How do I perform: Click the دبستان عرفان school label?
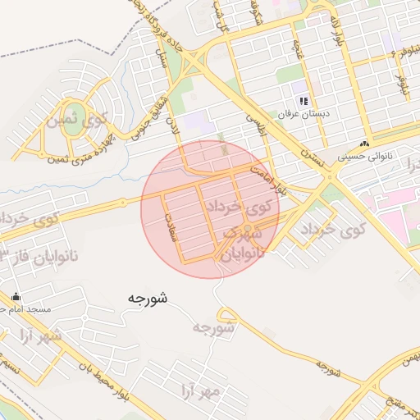tap(304, 113)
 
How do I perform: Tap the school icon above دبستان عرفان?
tap(304, 101)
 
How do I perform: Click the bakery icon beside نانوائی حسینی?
tap(364, 144)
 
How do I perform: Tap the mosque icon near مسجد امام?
tap(16, 297)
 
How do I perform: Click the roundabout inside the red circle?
tap(246, 229)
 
